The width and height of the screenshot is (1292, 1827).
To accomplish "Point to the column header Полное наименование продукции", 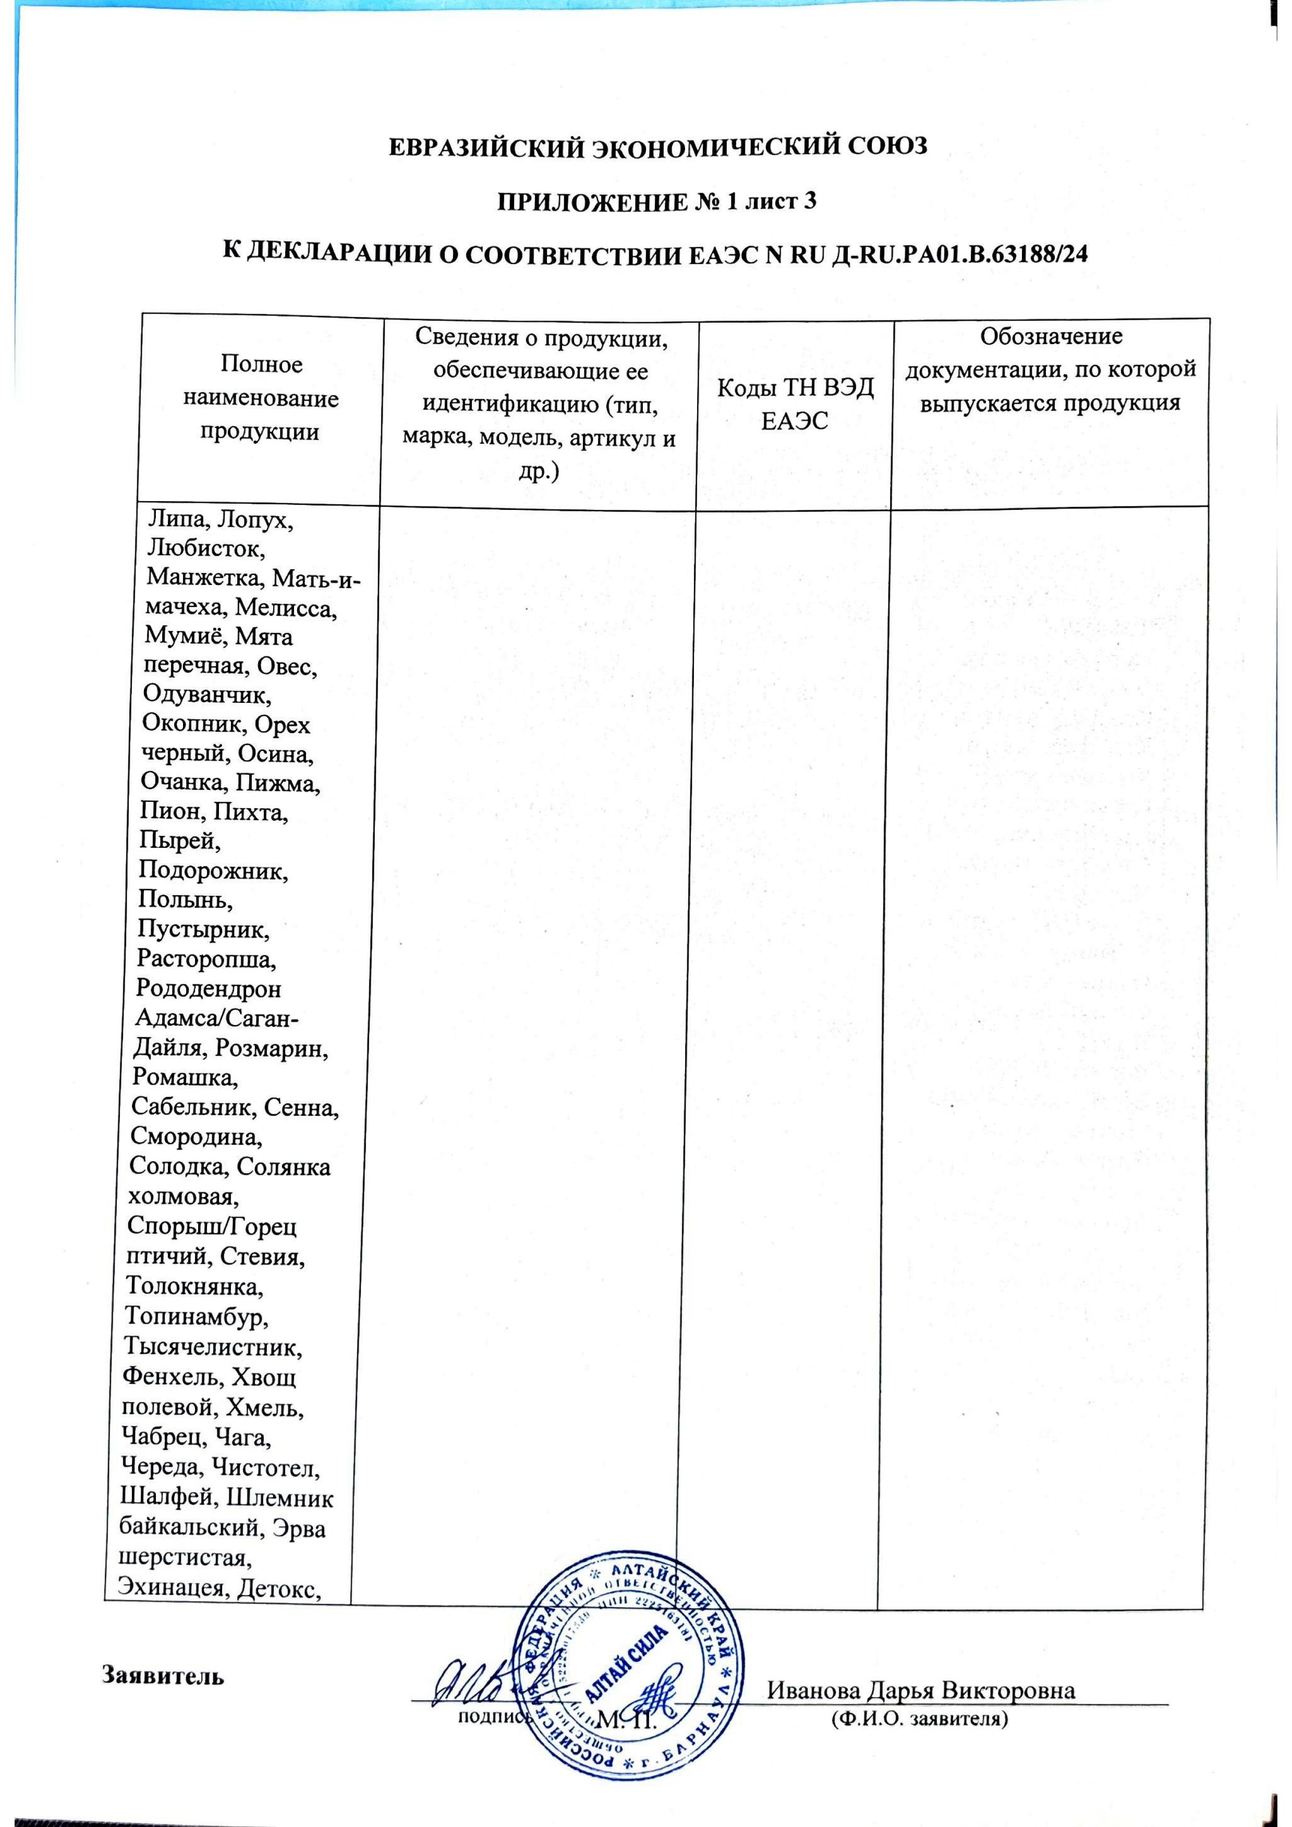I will (261, 398).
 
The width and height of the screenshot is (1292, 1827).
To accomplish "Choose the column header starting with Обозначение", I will (1052, 370).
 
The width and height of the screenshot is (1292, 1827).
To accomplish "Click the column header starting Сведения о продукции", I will (540, 404).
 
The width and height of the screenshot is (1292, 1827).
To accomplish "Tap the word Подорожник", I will (213, 871).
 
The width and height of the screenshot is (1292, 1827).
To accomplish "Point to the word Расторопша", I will (206, 960).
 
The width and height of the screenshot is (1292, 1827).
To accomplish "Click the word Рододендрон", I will (209, 989).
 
